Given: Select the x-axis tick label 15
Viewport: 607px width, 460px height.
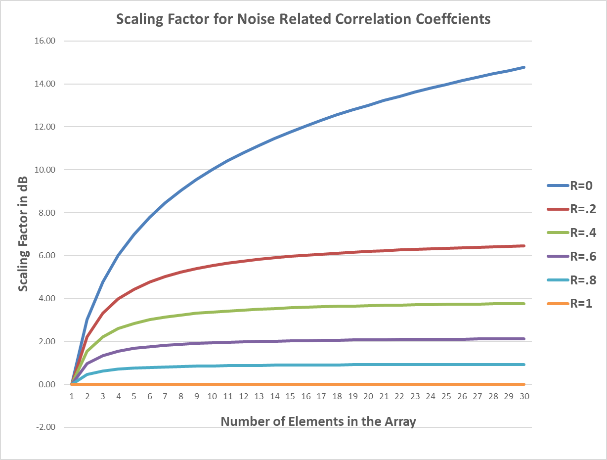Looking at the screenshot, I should (290, 397).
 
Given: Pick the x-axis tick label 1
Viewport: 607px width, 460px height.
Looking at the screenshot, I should (72, 397).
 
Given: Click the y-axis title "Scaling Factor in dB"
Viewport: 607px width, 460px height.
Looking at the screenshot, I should (23, 212).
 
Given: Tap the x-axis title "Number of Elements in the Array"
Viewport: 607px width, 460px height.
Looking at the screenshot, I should (318, 421).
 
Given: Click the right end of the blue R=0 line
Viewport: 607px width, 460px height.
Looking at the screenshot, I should (524, 67).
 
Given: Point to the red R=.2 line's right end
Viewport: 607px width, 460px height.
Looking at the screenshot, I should (524, 246).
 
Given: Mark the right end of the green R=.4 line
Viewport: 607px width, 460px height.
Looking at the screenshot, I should (524, 304).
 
